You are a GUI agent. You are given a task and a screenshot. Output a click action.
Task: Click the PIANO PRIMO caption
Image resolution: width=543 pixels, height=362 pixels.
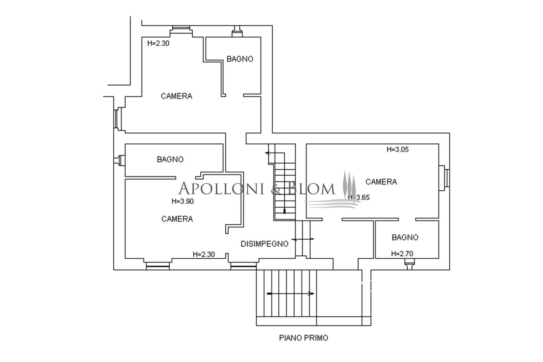(304, 338)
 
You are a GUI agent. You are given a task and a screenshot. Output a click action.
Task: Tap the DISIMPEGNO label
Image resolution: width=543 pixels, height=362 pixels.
(264, 244)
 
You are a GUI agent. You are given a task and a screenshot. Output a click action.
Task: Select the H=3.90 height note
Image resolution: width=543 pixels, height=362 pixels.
(183, 201)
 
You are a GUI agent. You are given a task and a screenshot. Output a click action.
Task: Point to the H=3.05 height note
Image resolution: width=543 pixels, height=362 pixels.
(397, 149)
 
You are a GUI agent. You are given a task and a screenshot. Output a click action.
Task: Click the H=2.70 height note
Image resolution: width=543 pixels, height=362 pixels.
(402, 254)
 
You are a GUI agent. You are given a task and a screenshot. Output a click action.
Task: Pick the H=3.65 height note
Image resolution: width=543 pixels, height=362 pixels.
(359, 197)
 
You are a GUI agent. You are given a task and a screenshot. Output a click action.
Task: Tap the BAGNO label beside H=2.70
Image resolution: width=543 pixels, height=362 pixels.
(405, 237)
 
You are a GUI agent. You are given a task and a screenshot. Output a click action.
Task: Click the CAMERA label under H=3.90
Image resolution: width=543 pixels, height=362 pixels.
(177, 219)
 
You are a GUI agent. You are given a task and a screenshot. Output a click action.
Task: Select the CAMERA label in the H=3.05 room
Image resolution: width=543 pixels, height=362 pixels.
(381, 182)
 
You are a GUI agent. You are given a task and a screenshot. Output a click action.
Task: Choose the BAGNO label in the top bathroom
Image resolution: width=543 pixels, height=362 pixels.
(240, 59)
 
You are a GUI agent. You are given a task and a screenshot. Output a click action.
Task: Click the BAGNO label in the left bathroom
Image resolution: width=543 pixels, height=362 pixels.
(170, 159)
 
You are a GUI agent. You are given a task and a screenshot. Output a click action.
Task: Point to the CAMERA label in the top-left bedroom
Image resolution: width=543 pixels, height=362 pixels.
(176, 96)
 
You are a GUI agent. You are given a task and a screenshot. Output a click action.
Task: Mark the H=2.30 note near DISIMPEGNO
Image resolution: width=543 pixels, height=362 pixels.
(204, 255)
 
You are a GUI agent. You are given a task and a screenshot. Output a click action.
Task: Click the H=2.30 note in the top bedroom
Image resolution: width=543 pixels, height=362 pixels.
(158, 43)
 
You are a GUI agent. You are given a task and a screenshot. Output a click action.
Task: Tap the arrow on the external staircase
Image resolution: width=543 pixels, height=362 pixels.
(290, 294)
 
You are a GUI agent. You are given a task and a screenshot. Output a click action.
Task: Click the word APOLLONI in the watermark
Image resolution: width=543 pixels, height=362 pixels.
(221, 189)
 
